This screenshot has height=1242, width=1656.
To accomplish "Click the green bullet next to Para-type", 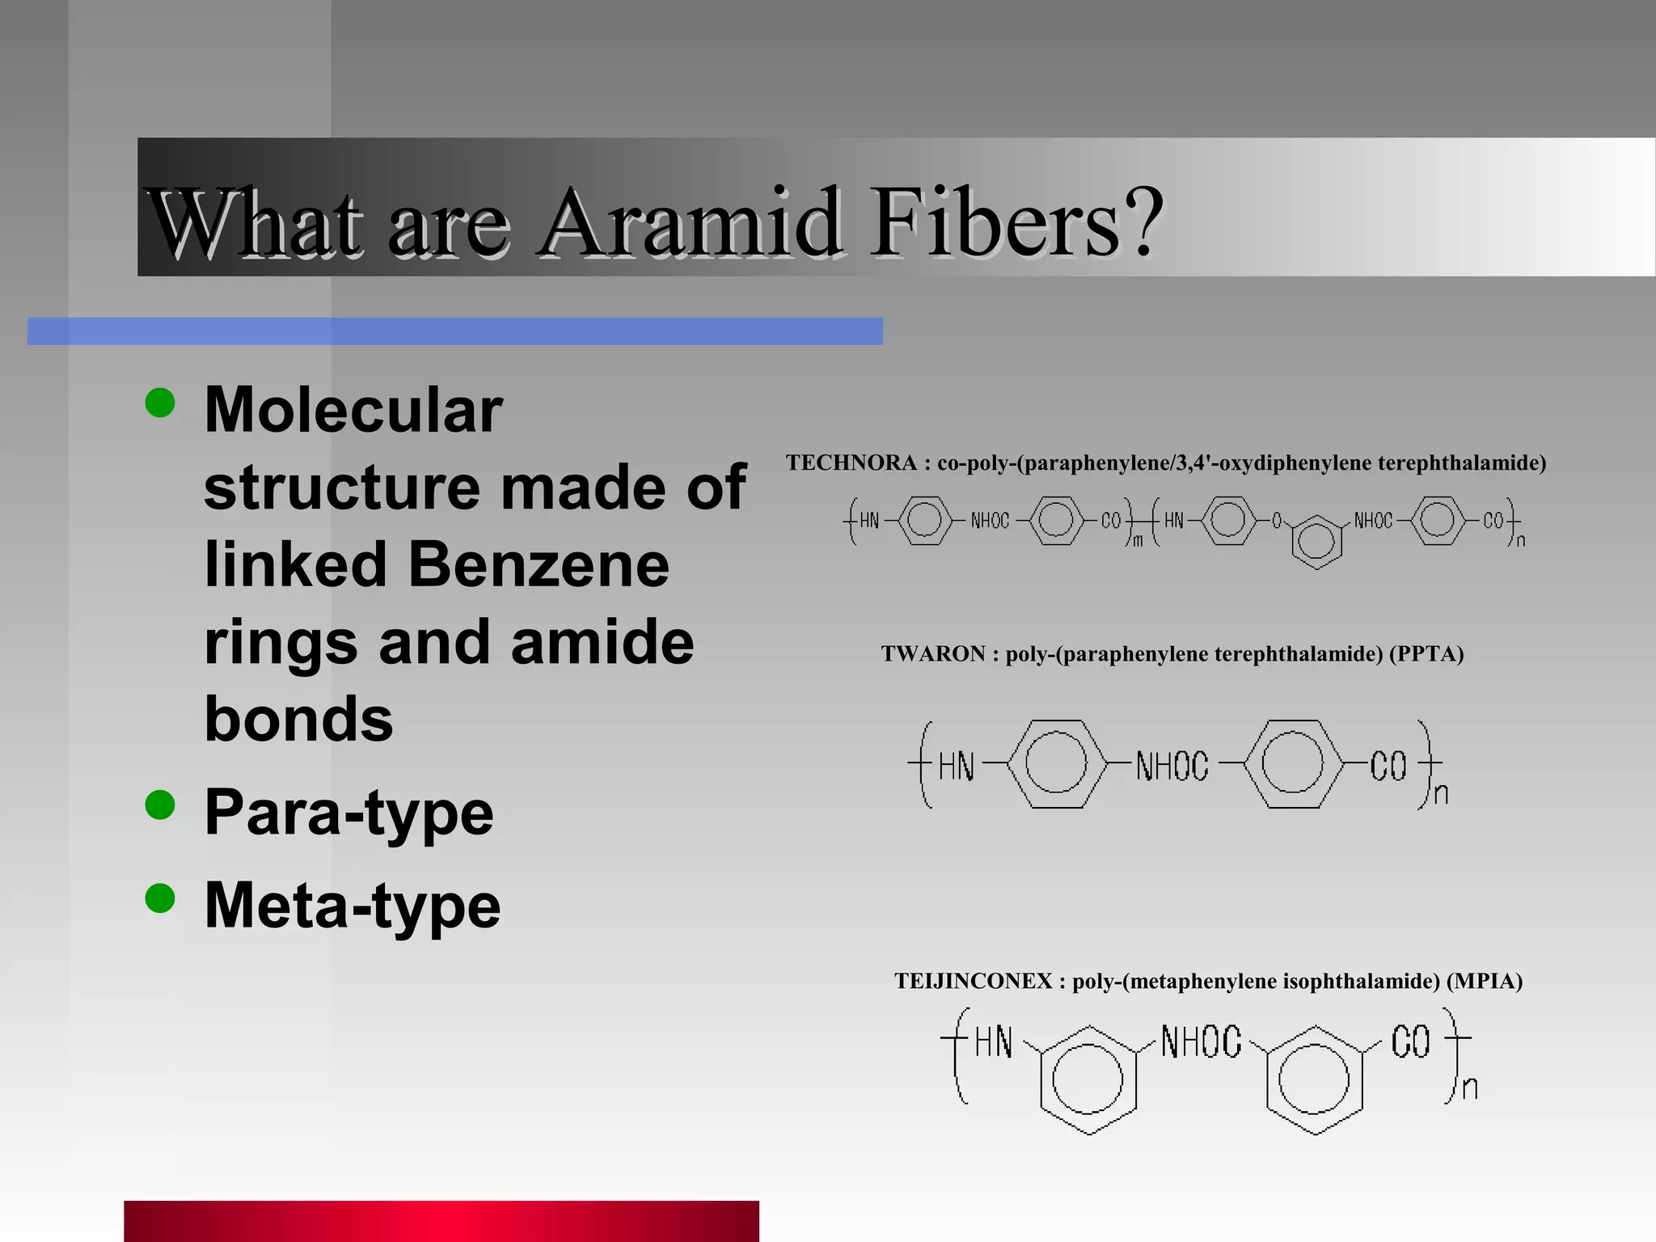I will (x=160, y=805).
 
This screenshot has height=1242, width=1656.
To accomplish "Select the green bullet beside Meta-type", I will (x=160, y=898).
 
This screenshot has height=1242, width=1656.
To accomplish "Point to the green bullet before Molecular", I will (x=160, y=402).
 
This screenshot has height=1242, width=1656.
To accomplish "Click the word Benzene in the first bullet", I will (x=539, y=564).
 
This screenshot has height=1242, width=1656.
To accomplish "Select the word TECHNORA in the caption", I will (x=851, y=463).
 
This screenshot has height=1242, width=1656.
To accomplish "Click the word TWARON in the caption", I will (x=933, y=653).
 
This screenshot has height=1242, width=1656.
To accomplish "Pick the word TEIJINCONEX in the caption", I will (x=974, y=981).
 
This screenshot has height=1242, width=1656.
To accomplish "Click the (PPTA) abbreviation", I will (x=1426, y=653).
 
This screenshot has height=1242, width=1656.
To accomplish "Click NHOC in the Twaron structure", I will (x=1172, y=766).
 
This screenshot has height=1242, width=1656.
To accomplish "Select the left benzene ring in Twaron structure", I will (x=1055, y=763).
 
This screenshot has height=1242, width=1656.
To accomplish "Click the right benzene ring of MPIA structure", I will (x=1314, y=1079).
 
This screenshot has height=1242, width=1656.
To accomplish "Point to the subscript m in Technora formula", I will (x=1138, y=541).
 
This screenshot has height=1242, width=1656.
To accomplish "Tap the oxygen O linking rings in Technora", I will (x=1277, y=522).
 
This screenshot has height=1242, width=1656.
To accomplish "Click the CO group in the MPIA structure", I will (x=1410, y=1042).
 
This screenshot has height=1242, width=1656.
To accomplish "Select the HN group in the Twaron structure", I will (x=957, y=766).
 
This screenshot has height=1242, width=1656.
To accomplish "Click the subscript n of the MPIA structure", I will (x=1470, y=1088).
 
